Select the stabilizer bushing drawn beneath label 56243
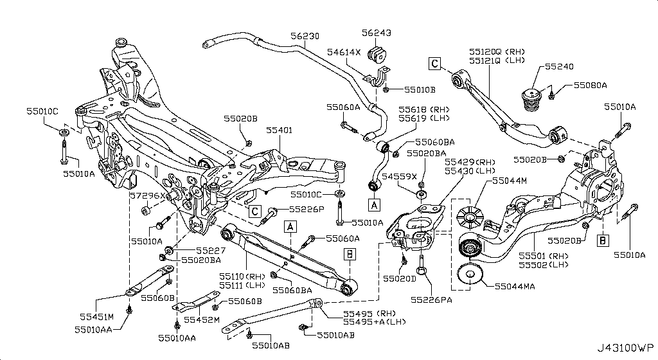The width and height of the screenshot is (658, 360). coord(377,55)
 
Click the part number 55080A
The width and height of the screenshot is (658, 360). coord(590,84)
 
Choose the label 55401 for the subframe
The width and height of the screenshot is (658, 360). coord(279,130)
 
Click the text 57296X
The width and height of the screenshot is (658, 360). coord(147,195)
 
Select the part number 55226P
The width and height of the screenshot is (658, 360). coord(307,209)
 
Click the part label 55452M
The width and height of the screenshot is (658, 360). coord(202,319)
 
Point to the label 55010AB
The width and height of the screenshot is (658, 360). coord(336,335)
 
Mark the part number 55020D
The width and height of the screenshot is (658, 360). coord(399,278)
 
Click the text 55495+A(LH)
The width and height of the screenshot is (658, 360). coord(371,321)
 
